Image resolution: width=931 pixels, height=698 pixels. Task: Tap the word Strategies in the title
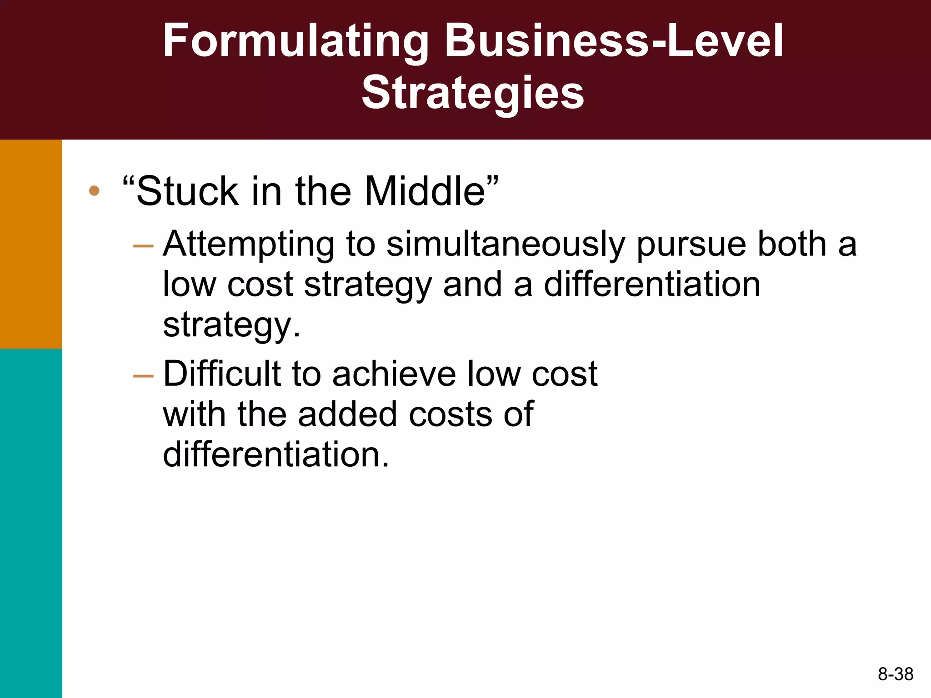[x=473, y=93]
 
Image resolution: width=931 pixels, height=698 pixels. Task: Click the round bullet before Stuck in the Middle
[x=94, y=191]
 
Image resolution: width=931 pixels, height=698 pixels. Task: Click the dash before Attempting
[x=144, y=246]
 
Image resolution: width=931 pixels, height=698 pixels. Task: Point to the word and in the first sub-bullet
[x=472, y=285]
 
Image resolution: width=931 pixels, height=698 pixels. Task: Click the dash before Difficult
[x=144, y=376]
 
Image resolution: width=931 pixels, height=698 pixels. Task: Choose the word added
[x=348, y=414]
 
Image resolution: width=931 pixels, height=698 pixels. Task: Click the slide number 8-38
[x=896, y=674]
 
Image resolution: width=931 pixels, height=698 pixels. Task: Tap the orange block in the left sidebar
[x=31, y=244]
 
